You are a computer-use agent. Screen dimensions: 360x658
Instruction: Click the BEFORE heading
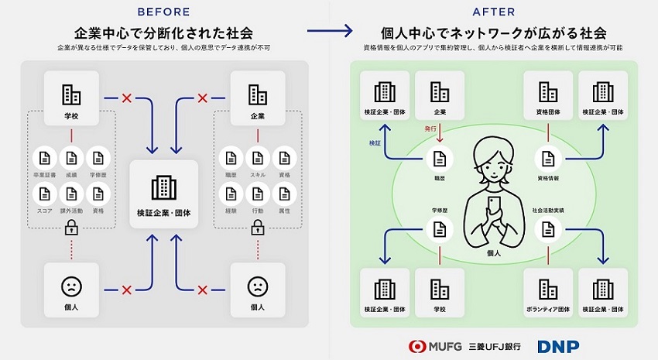tap(163, 12)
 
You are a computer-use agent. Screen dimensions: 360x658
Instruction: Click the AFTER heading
tap(493, 12)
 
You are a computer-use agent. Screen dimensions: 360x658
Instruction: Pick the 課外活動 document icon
tap(71, 194)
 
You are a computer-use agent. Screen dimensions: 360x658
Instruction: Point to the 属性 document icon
tap(284, 194)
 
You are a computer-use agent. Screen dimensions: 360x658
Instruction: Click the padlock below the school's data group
tap(71, 228)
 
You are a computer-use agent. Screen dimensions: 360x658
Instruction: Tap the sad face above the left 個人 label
tap(71, 286)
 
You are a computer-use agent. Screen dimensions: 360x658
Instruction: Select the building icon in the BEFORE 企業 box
tap(257, 94)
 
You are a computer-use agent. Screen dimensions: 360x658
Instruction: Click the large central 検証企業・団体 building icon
tap(163, 187)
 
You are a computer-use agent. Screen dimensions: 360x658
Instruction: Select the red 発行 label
tap(431, 129)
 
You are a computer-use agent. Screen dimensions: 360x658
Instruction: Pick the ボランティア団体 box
tap(548, 293)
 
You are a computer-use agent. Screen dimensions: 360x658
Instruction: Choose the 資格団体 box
tap(548, 96)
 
